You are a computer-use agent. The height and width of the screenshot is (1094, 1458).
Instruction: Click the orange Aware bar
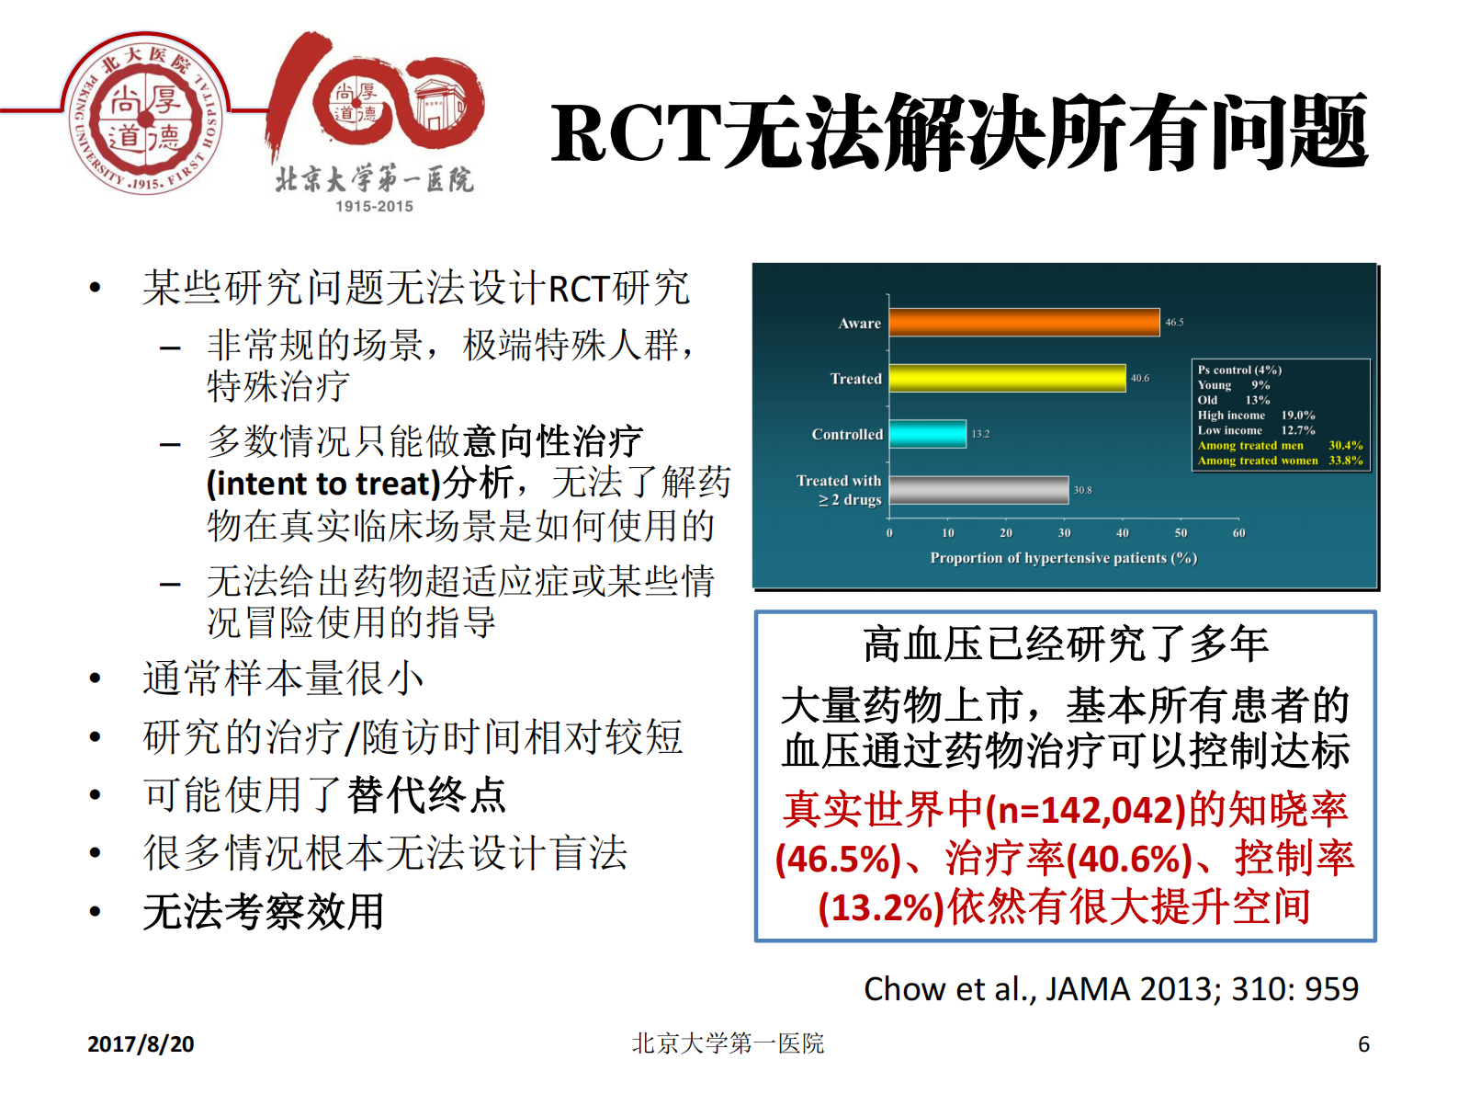click(x=1023, y=323)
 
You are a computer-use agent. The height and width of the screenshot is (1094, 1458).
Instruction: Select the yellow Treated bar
click(x=1007, y=378)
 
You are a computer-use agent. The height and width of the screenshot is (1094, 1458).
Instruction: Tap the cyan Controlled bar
click(x=927, y=434)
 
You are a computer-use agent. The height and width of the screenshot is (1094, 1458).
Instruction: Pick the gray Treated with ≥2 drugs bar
click(x=978, y=490)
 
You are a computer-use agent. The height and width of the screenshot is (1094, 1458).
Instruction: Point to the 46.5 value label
click(x=1174, y=323)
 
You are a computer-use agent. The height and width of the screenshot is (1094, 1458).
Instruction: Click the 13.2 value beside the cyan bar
click(x=980, y=434)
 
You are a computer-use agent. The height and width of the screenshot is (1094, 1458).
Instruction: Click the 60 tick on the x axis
click(x=1238, y=533)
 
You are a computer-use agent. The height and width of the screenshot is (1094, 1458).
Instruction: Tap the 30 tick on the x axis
click(x=1064, y=533)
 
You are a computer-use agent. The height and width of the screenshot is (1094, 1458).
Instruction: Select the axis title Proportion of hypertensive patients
click(x=1063, y=558)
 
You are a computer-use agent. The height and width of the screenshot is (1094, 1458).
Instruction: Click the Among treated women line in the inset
click(x=1279, y=461)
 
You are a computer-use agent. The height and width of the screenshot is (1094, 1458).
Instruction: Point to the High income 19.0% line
click(x=1255, y=416)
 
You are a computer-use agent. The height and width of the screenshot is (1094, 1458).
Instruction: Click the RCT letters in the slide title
click(x=636, y=133)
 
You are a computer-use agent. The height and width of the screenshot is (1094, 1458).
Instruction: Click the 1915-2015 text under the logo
click(x=374, y=207)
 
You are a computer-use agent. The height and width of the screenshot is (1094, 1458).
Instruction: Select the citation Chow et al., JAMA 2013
click(x=1110, y=989)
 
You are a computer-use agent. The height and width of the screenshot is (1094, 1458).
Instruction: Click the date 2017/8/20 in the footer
click(x=141, y=1044)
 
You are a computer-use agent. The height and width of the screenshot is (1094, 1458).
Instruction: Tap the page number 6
click(x=1363, y=1044)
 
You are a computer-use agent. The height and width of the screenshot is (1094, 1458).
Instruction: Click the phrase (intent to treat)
click(x=323, y=484)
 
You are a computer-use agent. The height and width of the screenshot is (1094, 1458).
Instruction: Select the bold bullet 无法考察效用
click(x=263, y=912)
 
